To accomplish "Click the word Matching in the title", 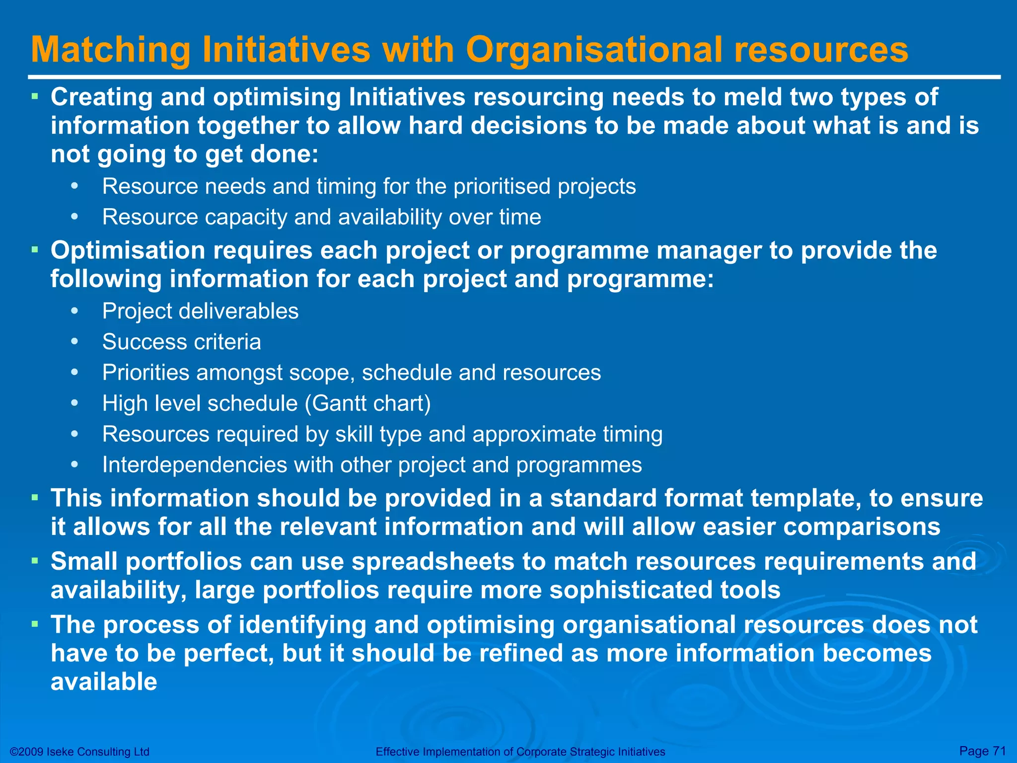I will (111, 50).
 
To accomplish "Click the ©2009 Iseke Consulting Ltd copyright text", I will (79, 752).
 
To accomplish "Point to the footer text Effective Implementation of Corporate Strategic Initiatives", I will (520, 752).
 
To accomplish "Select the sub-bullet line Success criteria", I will (181, 342).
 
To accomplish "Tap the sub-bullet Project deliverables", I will (200, 311).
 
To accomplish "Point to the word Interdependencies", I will (194, 465).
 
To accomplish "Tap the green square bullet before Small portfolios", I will (35, 560).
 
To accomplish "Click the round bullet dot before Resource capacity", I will (74, 217).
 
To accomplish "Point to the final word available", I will (104, 682).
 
